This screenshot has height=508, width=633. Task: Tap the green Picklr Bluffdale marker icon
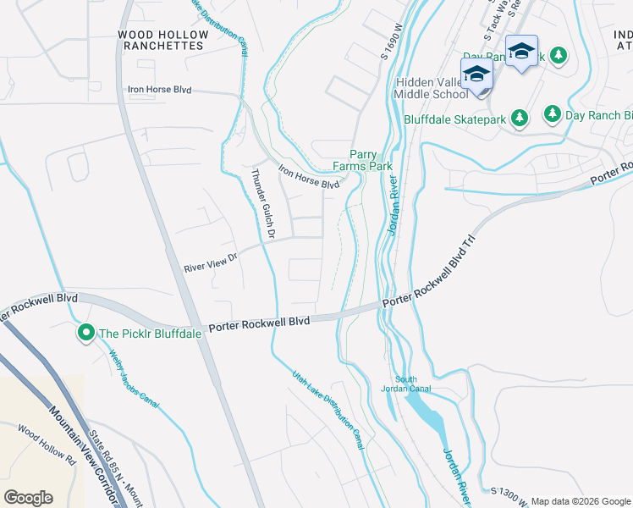pos(85,334)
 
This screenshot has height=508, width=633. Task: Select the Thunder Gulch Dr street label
pos(259,204)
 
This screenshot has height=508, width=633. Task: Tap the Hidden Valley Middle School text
pos(432,88)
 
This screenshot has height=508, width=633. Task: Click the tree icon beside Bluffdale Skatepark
pos(520,119)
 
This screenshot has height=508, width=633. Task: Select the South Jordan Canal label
pos(412,384)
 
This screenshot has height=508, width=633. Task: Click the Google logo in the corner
pos(28,497)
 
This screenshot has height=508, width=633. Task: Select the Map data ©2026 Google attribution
pos(581,501)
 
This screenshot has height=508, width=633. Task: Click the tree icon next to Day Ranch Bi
pos(552,113)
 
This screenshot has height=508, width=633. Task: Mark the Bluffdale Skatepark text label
pos(455,119)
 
